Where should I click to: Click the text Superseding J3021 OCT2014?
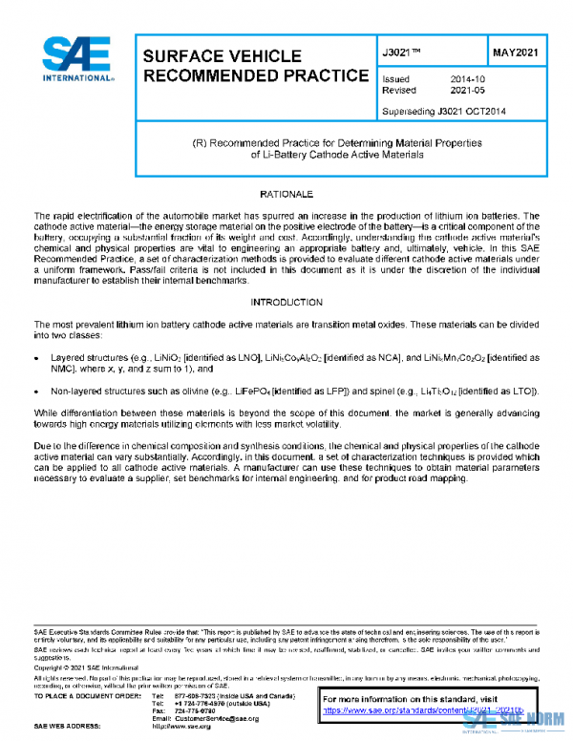tap(443, 112)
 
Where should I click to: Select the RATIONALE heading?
tap(286, 195)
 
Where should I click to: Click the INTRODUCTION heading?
tap(286, 303)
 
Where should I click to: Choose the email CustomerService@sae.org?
tap(203, 717)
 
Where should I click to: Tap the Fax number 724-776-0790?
tap(198, 710)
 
